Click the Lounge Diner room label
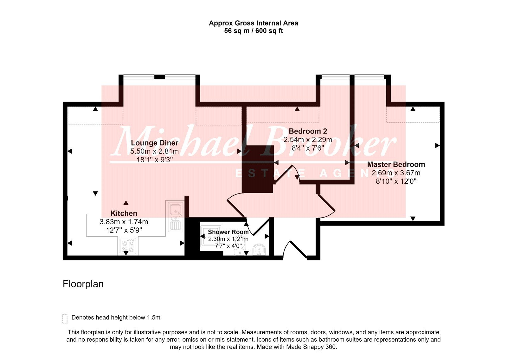(x=155, y=143)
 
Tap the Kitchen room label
(x=124, y=213)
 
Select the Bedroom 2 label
(x=308, y=131)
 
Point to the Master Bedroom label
(x=396, y=165)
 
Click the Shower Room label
(x=228, y=232)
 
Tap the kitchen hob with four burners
(x=128, y=246)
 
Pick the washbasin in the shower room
(x=260, y=249)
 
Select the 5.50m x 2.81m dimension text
(x=154, y=151)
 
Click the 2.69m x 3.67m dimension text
(x=396, y=173)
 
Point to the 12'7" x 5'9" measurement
(x=124, y=230)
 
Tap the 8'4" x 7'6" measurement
(x=308, y=148)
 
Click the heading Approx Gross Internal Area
(x=253, y=23)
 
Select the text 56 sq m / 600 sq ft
(x=253, y=31)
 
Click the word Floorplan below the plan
(x=83, y=284)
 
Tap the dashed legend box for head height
(x=65, y=319)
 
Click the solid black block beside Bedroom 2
(x=258, y=169)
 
